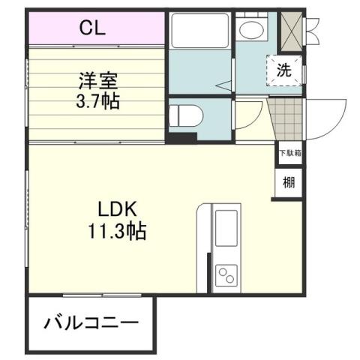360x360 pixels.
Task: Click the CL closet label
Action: [x=93, y=29]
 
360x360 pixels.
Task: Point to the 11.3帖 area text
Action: [x=115, y=230]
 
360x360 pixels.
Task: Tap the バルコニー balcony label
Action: [x=91, y=324]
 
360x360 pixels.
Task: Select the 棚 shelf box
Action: [x=289, y=181]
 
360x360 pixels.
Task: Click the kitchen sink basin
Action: [x=226, y=228]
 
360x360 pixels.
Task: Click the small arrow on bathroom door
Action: [x=223, y=87]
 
